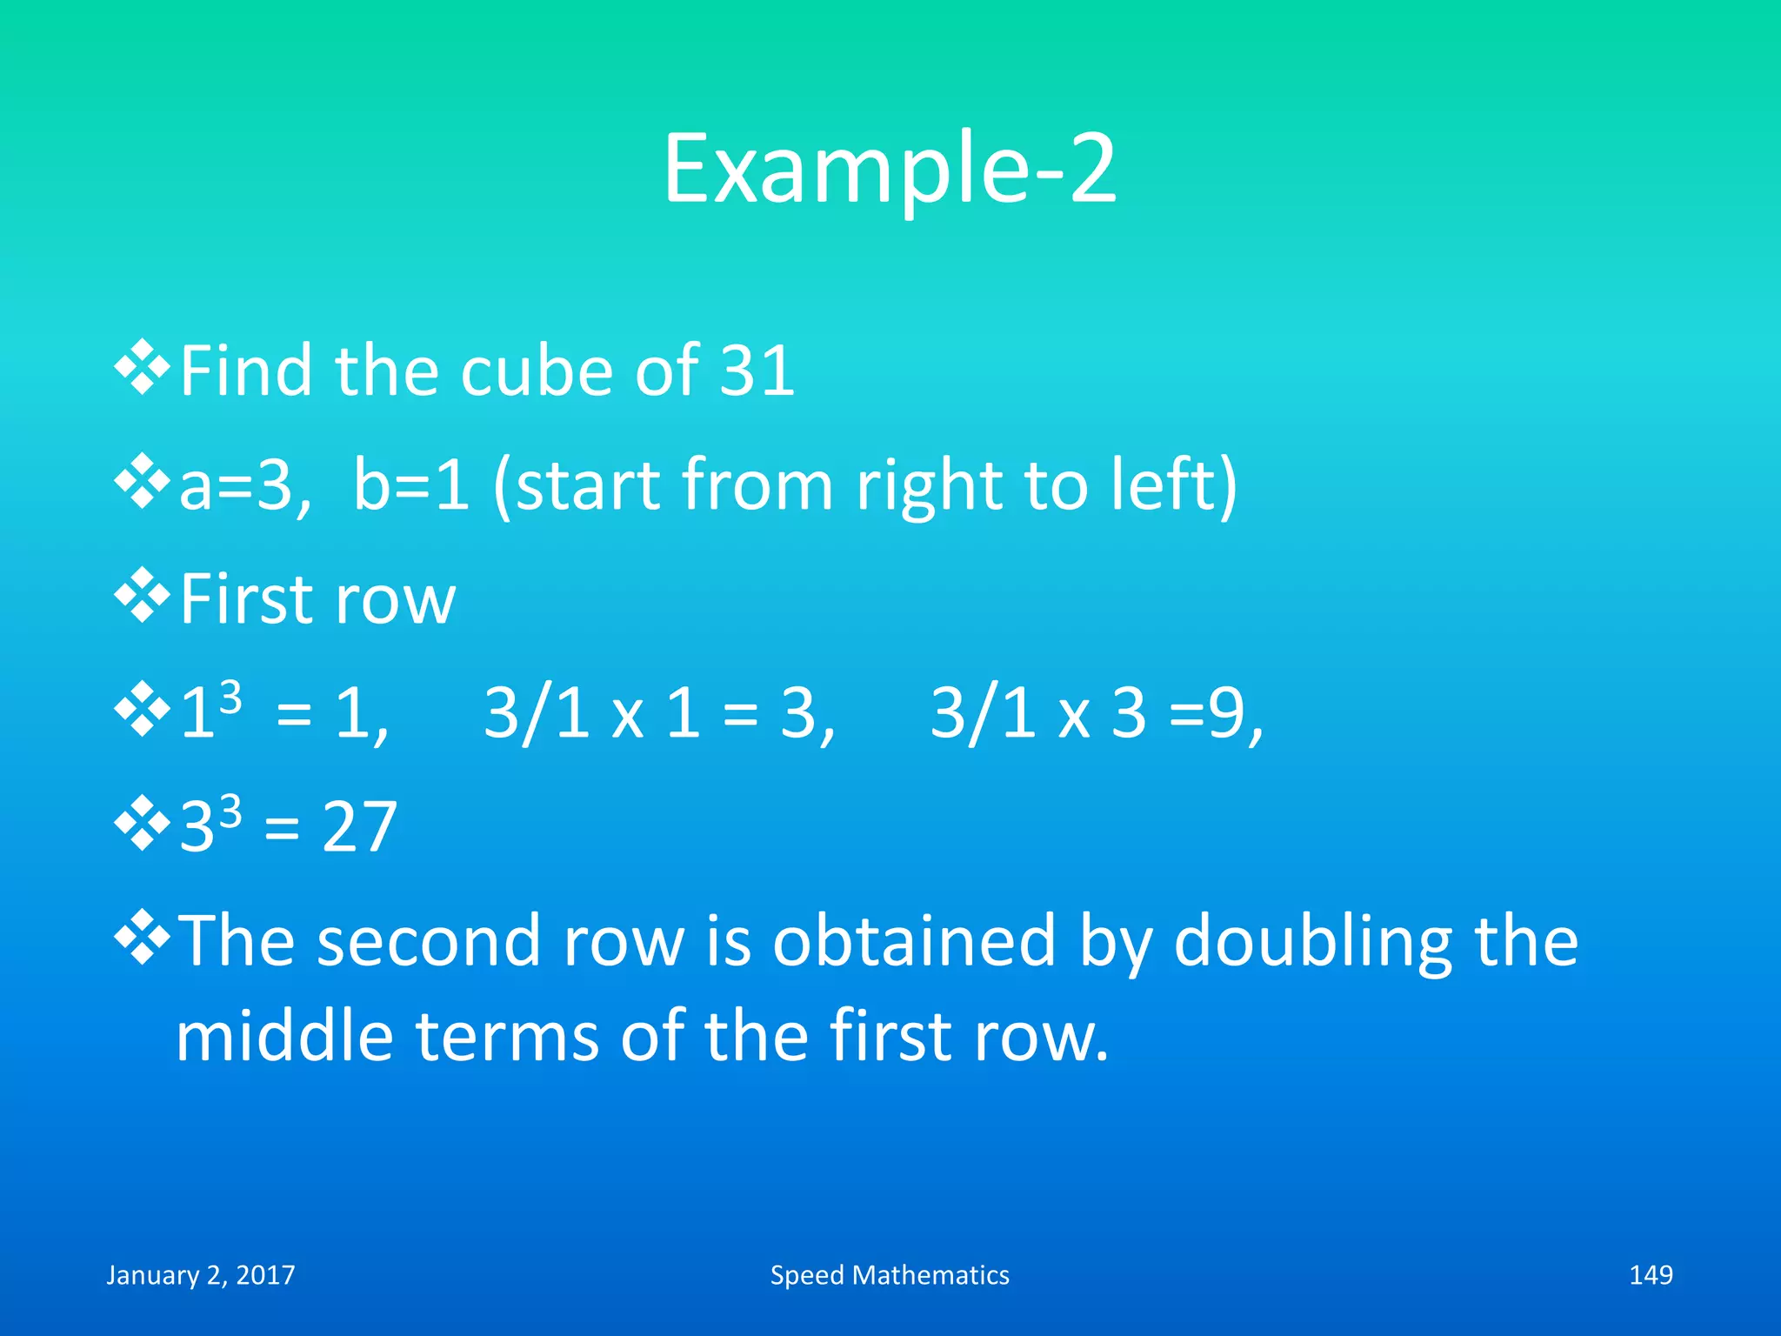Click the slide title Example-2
pos(890,169)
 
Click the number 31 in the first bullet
pos(757,371)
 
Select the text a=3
pos(243,485)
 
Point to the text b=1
pos(410,485)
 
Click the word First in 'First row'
pos(246,599)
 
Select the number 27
pos(359,827)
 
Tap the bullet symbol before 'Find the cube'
pos(142,370)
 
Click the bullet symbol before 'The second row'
pos(142,939)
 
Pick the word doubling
pos(1313,942)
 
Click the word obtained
pos(913,942)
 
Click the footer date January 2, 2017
pos(201,1275)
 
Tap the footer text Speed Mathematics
pos(890,1275)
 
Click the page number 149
pos(1651,1275)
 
